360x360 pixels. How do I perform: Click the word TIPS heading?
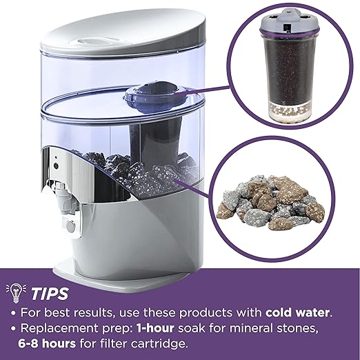[50, 294]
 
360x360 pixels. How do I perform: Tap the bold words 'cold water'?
[297, 312]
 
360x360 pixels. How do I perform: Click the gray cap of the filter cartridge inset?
[290, 21]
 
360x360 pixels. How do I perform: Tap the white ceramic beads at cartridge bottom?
[290, 111]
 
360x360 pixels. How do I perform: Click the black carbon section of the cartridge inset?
[290, 68]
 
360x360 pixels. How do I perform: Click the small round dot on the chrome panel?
[56, 158]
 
